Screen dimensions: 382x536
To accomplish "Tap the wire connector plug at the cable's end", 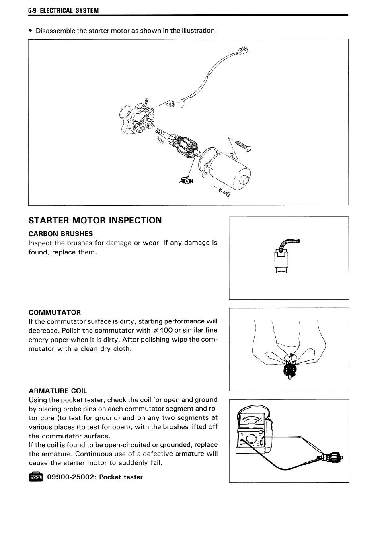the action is click(x=242, y=51).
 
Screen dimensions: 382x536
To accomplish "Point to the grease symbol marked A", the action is click(x=186, y=181).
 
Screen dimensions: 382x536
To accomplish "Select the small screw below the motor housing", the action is click(x=226, y=193).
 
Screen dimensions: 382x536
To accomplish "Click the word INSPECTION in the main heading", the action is click(x=136, y=220).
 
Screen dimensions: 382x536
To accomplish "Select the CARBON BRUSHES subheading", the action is click(x=61, y=234).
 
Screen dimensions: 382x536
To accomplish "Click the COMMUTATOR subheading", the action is click(x=55, y=312).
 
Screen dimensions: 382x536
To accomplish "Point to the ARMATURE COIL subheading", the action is click(x=58, y=391).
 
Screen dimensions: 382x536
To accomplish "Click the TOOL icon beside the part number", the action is click(x=36, y=477).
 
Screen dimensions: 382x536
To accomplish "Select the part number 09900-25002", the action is click(x=70, y=477).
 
